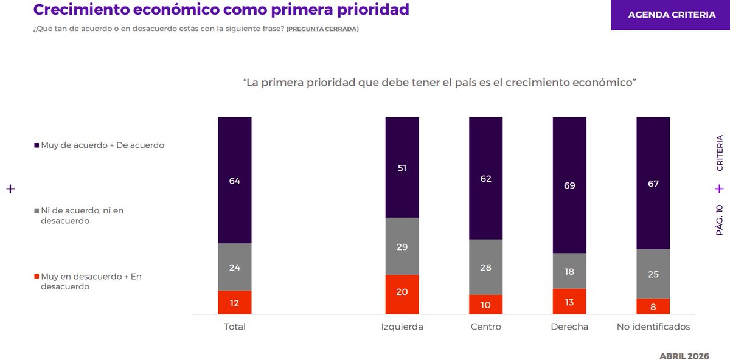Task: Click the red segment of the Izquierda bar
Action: coord(402,294)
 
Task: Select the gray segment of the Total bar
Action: coord(235,267)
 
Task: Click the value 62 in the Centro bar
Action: coord(485,179)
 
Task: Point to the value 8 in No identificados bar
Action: coord(653,306)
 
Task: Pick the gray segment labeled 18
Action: coord(569,271)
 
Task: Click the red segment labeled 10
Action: coord(485,305)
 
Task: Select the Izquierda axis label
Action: coord(402,327)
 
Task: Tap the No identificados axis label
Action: coord(653,327)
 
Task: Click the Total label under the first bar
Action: coord(235,327)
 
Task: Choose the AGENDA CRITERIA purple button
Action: coord(671,15)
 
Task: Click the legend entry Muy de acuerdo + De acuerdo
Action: coord(102,145)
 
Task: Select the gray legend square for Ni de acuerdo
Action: coord(37,210)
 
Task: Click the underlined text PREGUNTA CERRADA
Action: coord(322,29)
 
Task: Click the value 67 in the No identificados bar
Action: coord(653,184)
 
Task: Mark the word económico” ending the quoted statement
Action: coord(605,82)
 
